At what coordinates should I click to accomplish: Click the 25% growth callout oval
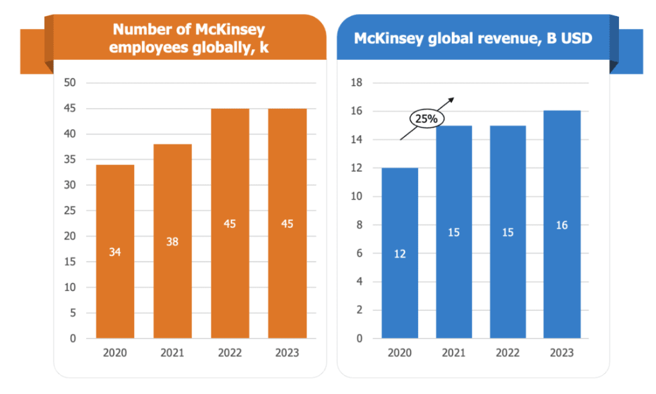[426, 119]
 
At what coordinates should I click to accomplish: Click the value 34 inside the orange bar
[114, 252]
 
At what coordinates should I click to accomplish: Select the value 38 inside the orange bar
[172, 241]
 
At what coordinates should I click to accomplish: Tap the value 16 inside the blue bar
[562, 225]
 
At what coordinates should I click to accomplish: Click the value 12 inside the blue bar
[400, 253]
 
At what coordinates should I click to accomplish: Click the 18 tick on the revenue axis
[357, 83]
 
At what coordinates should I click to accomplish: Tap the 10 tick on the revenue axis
[357, 196]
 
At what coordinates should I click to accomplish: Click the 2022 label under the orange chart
[230, 353]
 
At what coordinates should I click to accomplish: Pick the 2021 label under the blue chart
[454, 353]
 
